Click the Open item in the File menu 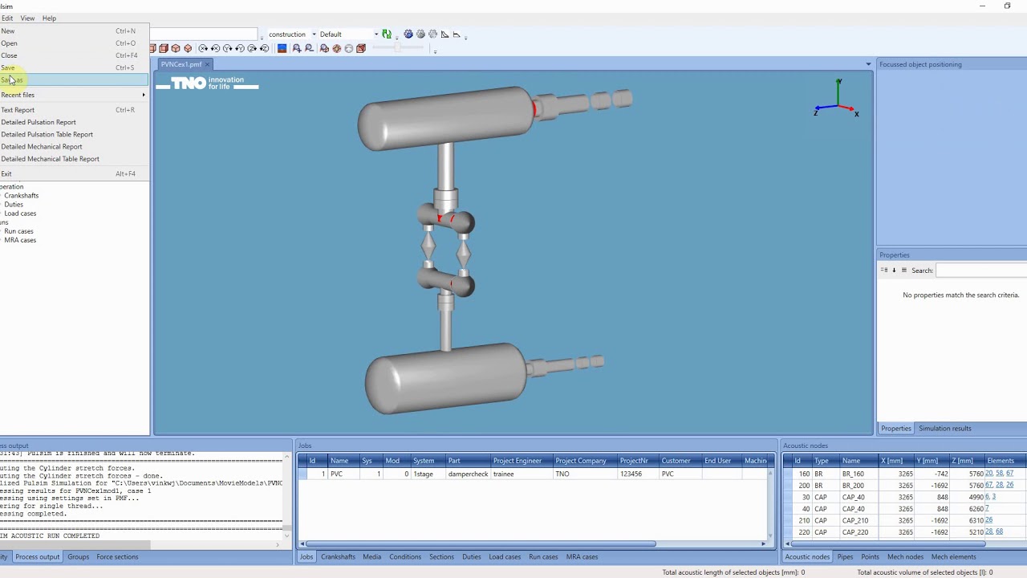coord(10,43)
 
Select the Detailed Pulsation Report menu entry coord(39,122)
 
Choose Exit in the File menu coord(6,173)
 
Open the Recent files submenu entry coord(18,95)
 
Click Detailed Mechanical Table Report coord(50,159)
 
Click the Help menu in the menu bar coord(49,18)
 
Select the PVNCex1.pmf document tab coord(181,64)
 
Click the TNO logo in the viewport coord(207,83)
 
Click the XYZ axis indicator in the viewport coord(837,100)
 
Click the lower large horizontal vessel coord(445,378)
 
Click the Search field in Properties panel coord(980,271)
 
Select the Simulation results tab coord(944,429)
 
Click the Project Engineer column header coord(518,461)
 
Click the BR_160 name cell coord(852,474)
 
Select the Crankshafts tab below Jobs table coord(338,557)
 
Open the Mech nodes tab coord(905,557)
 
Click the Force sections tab coord(117,557)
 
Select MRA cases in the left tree coord(20,240)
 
